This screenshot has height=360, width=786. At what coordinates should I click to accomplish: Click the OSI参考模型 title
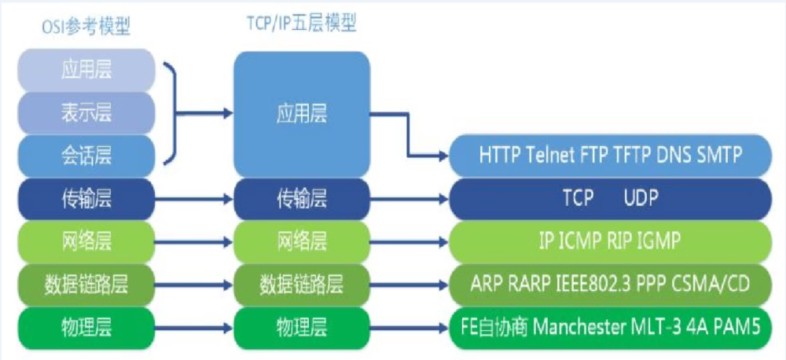pos(86,28)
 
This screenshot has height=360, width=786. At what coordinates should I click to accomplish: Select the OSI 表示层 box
pos(86,112)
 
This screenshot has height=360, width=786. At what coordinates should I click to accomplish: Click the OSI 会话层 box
pos(86,153)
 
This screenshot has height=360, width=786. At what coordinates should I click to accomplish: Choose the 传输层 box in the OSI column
pos(86,199)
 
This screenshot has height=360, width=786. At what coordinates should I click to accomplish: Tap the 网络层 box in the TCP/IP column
pos(302,241)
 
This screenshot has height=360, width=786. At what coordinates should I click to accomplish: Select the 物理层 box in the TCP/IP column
pos(302,325)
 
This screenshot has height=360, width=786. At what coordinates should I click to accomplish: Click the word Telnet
pos(551,155)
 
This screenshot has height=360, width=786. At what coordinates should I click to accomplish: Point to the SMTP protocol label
pos(718,155)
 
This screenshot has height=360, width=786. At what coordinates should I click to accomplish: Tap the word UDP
pos(641,199)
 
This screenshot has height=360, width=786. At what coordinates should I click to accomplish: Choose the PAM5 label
pos(735,325)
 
